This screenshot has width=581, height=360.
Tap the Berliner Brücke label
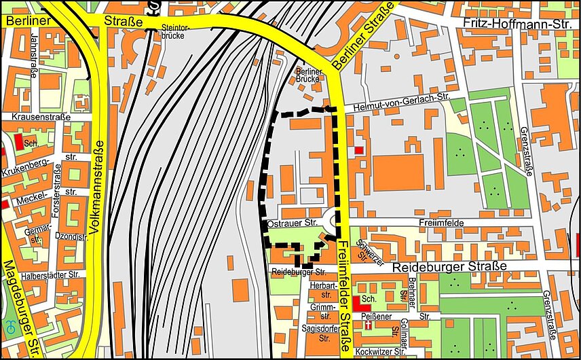(x=307, y=75)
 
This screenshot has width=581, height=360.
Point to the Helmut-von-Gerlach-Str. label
(x=398, y=99)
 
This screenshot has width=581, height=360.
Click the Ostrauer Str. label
(x=293, y=223)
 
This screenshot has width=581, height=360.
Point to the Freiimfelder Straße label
(x=343, y=296)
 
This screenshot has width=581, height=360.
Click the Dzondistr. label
(x=71, y=237)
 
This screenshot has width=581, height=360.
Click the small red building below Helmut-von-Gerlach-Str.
(x=358, y=149)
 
